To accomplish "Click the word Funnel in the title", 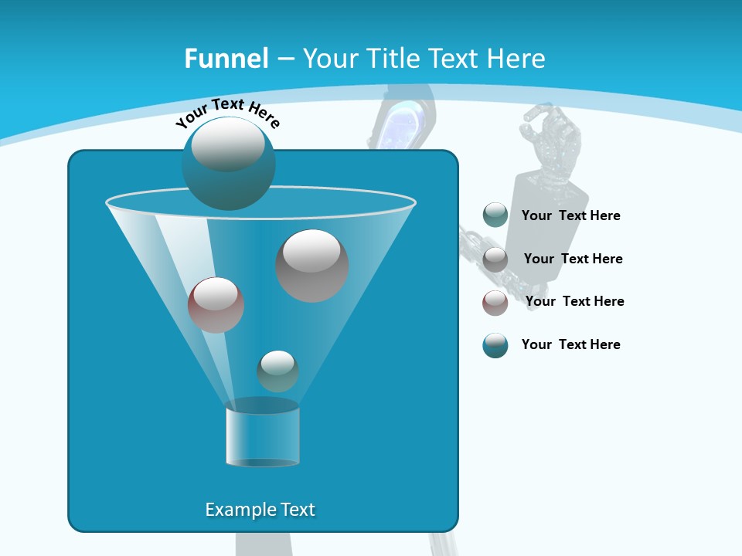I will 226,59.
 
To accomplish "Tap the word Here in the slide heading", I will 515,59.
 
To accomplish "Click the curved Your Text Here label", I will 227,113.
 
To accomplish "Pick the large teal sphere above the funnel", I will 228,164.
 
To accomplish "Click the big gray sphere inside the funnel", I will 311,266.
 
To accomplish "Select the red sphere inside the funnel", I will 216,305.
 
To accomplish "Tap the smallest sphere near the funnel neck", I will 277,371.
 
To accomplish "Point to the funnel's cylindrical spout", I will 262,434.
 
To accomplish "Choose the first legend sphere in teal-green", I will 495,215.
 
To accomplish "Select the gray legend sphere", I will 495,259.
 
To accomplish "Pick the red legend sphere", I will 495,303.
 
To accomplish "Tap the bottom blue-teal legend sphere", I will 495,345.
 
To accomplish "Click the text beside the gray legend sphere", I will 573,259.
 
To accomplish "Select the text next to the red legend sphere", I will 574,301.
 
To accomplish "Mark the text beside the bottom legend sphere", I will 570,344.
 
